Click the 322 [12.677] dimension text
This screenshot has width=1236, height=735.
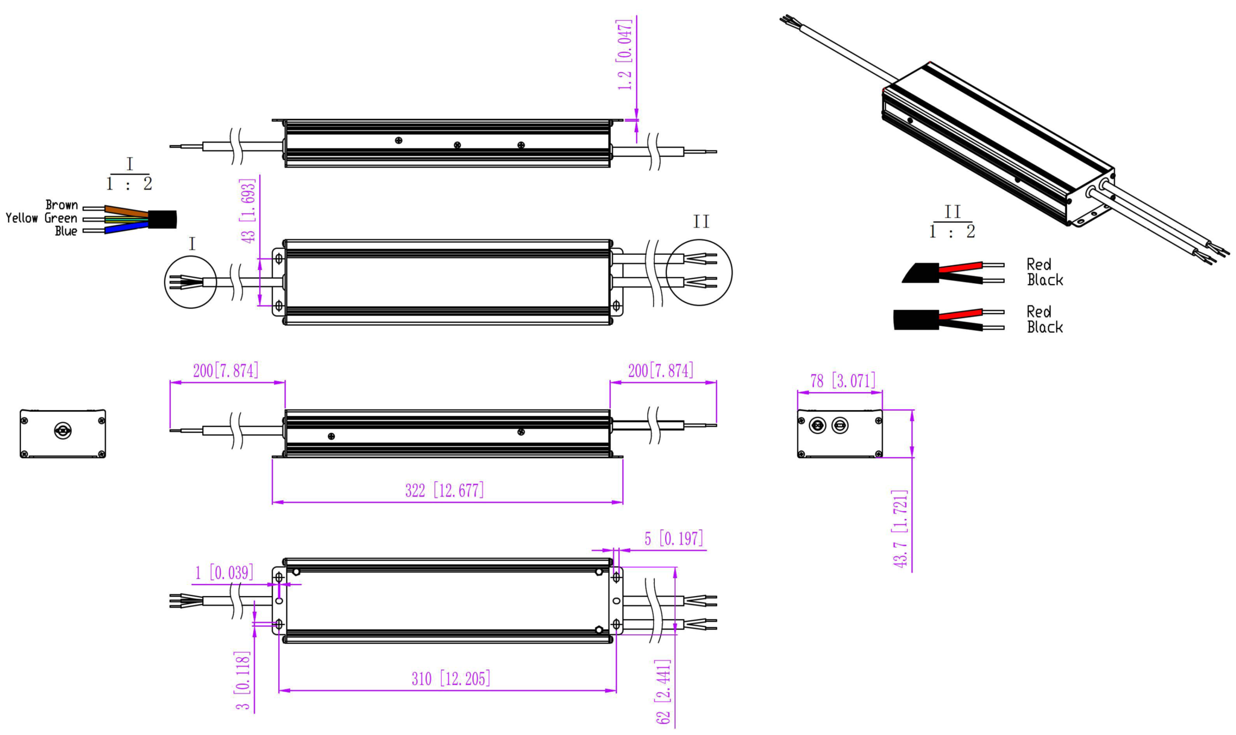pyautogui.click(x=445, y=490)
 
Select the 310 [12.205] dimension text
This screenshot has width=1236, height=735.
pyautogui.click(x=451, y=679)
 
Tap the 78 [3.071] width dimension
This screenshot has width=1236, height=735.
pyautogui.click(x=843, y=381)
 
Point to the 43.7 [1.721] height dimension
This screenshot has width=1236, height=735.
pyautogui.click(x=900, y=528)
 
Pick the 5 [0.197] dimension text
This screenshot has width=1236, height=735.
pyautogui.click(x=674, y=538)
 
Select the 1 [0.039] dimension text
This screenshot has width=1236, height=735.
pyautogui.click(x=224, y=573)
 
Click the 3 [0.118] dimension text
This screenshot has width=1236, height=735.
pyautogui.click(x=243, y=681)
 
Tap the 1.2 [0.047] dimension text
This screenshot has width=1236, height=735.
pyautogui.click(x=625, y=55)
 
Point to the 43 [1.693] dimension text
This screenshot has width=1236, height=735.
pyautogui.click(x=248, y=211)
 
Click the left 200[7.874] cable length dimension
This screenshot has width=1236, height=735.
pyautogui.click(x=226, y=370)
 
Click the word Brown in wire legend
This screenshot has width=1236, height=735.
pyautogui.click(x=62, y=205)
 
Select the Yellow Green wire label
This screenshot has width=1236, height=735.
pyautogui.click(x=42, y=218)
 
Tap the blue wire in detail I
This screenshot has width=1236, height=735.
pyautogui.click(x=127, y=228)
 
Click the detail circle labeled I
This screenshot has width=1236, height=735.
pyautogui.click(x=191, y=282)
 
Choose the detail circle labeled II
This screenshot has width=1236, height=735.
pyautogui.click(x=700, y=272)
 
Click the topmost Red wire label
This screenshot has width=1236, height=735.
pyautogui.click(x=1039, y=265)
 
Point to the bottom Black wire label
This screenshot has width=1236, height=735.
pyautogui.click(x=1045, y=327)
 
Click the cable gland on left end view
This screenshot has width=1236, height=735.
pyautogui.click(x=63, y=431)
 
